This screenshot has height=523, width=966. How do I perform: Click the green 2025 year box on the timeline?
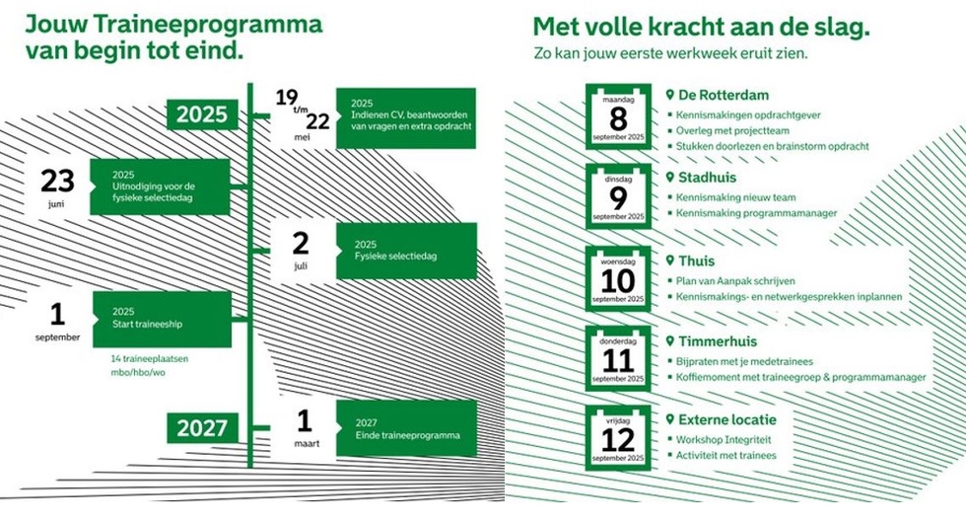click(x=202, y=114)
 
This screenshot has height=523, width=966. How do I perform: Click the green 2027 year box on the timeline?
click(x=202, y=427)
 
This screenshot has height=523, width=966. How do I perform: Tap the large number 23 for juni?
click(x=57, y=181)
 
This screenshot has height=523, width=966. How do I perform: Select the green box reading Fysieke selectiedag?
click(x=406, y=251)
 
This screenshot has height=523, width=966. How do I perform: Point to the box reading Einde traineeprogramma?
click(x=406, y=428)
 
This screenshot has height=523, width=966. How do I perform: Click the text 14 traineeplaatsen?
click(x=150, y=359)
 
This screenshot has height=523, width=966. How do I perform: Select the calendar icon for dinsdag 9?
click(x=618, y=196)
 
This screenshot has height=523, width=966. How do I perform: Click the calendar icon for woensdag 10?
click(x=618, y=279)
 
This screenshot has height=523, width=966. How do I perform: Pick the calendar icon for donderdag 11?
click(x=618, y=358)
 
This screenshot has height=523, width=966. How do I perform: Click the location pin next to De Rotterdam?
click(x=670, y=96)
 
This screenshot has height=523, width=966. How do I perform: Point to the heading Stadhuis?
click(x=710, y=178)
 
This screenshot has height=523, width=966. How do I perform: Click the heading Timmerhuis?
click(x=718, y=341)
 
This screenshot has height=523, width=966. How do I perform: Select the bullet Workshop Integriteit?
click(x=724, y=438)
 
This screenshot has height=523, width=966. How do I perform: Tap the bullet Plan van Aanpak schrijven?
click(x=735, y=280)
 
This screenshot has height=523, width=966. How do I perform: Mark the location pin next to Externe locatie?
click(x=670, y=420)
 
